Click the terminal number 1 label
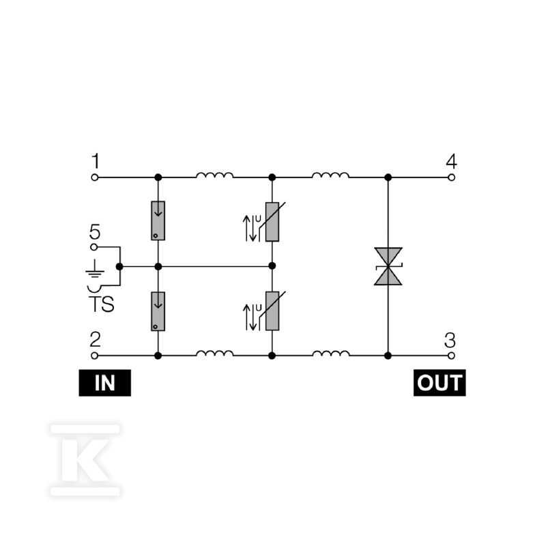pos(96,161)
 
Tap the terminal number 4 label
pos(452,161)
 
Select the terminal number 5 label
pos(95,231)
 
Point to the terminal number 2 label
pos(95,339)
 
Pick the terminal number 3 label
pos(450,340)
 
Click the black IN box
pos(105,383)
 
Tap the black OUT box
pos(440,383)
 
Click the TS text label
pos(101,304)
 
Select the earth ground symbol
pos(95,268)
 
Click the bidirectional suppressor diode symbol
pos(388,266)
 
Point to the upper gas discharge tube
pos(158,220)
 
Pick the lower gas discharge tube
pos(158,311)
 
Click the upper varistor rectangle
pos(272,222)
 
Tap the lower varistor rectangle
pos(272,311)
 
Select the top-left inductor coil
pos(214,175)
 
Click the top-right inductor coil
pos(330,175)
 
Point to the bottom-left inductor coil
pos(214,353)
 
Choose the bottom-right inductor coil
pos(330,353)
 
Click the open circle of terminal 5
pos(94,247)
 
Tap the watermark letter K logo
pos(85,460)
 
